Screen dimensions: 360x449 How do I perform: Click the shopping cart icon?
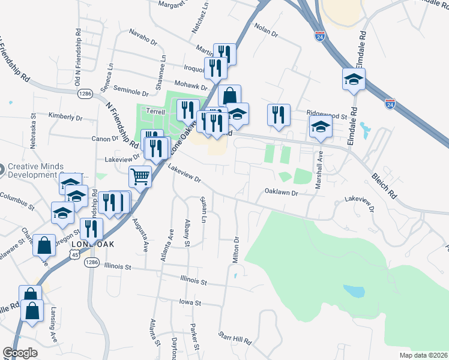[140, 177]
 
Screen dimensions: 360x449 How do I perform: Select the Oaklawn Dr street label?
[282, 192]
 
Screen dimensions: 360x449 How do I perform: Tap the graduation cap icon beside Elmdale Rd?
[354, 79]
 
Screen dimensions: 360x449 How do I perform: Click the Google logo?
[20, 353]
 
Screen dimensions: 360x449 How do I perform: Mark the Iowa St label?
[193, 303]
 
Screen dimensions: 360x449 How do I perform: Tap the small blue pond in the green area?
[354, 292]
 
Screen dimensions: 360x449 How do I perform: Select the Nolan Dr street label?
[267, 31]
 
